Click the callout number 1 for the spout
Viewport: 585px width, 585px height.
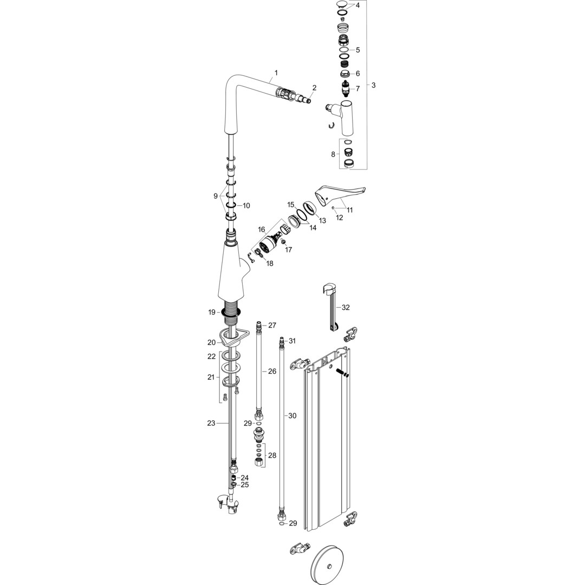coord(276,73)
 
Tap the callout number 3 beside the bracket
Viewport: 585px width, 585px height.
coord(373,85)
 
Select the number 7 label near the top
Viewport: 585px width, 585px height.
coord(357,89)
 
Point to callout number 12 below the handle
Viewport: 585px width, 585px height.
coord(340,218)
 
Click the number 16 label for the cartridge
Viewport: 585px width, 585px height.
coord(262,230)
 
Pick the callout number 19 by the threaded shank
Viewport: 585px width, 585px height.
coord(212,312)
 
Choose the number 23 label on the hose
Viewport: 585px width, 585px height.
coord(211,423)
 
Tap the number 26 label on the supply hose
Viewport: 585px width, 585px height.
coord(272,371)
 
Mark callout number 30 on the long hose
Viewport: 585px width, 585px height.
coord(292,415)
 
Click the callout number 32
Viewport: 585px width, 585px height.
coord(346,307)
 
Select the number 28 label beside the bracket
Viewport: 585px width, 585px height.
coord(272,456)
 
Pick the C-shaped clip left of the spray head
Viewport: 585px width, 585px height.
coord(331,126)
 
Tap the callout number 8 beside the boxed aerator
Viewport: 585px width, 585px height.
coord(333,154)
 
